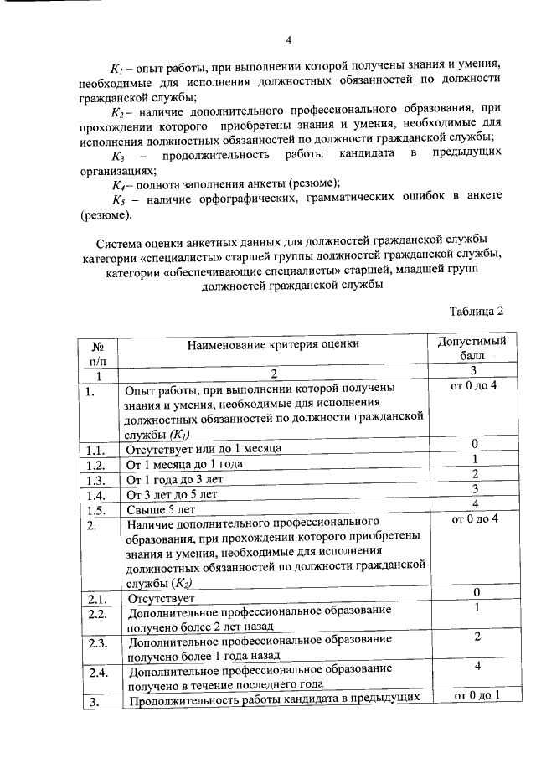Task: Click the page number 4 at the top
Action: (x=288, y=39)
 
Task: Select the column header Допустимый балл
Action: (x=473, y=348)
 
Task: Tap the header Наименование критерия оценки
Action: (x=273, y=343)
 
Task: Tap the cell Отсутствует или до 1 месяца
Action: (x=203, y=449)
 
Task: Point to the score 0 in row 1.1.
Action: (x=474, y=443)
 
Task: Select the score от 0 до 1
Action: (x=475, y=696)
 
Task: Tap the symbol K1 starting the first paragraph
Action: (x=116, y=64)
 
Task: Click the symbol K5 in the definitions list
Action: (x=119, y=199)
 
